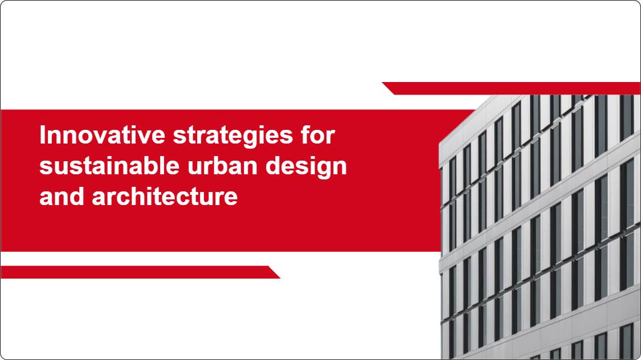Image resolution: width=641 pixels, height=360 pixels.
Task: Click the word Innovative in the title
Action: (x=102, y=135)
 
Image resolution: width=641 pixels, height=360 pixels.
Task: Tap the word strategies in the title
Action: (x=233, y=137)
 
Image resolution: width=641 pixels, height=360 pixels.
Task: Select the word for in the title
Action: (x=318, y=135)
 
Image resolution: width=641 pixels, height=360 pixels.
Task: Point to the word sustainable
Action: (x=109, y=166)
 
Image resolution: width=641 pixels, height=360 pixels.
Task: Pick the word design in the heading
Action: (x=306, y=167)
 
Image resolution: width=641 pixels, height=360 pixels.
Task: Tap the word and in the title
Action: (x=62, y=197)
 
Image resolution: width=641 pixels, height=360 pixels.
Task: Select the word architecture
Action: (x=165, y=197)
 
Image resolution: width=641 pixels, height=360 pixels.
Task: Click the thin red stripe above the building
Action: (x=512, y=88)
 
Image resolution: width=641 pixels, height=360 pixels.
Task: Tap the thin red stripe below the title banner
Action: (x=140, y=272)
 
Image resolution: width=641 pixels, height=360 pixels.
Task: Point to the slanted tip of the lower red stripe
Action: (x=280, y=278)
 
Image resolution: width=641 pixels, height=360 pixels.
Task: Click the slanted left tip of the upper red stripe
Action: (x=383, y=83)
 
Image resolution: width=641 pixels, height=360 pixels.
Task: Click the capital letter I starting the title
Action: (x=43, y=135)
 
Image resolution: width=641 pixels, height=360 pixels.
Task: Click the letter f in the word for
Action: (x=306, y=135)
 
